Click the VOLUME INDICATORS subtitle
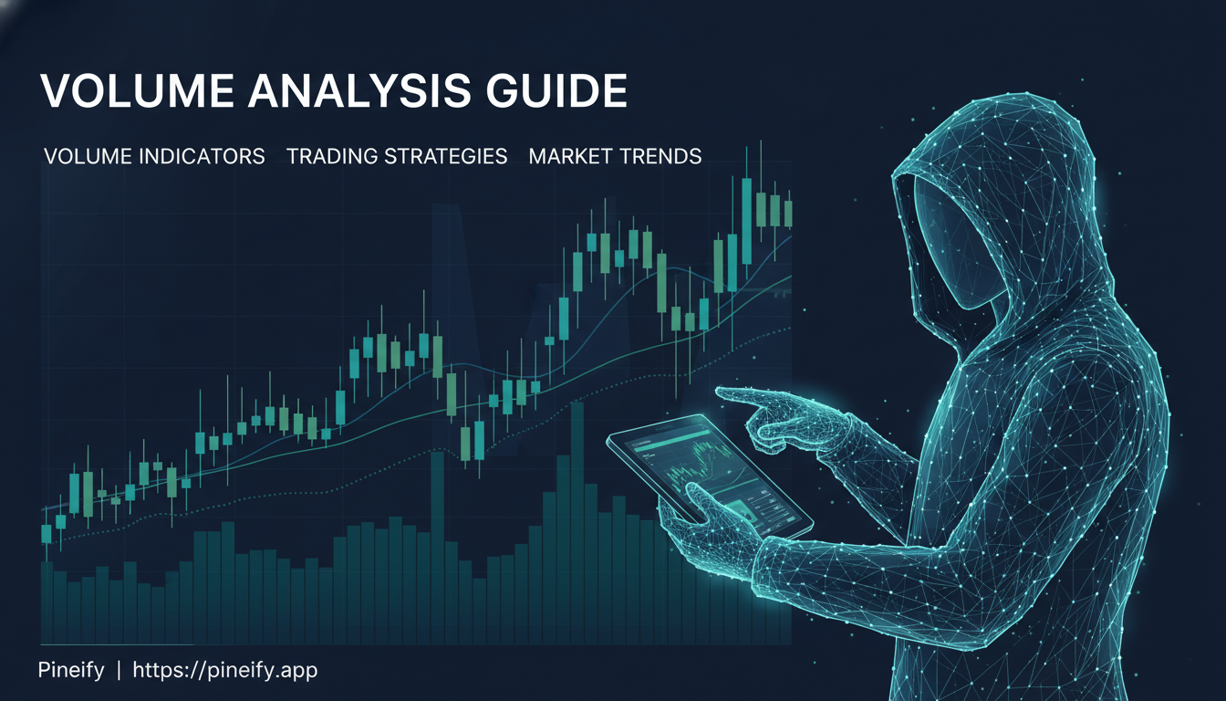(154, 156)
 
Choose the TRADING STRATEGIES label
(397, 156)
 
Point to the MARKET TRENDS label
(615, 156)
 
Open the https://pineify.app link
(225, 671)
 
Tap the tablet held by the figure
(712, 475)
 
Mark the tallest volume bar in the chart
(577, 520)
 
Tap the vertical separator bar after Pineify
(119, 671)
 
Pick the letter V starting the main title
(55, 92)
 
